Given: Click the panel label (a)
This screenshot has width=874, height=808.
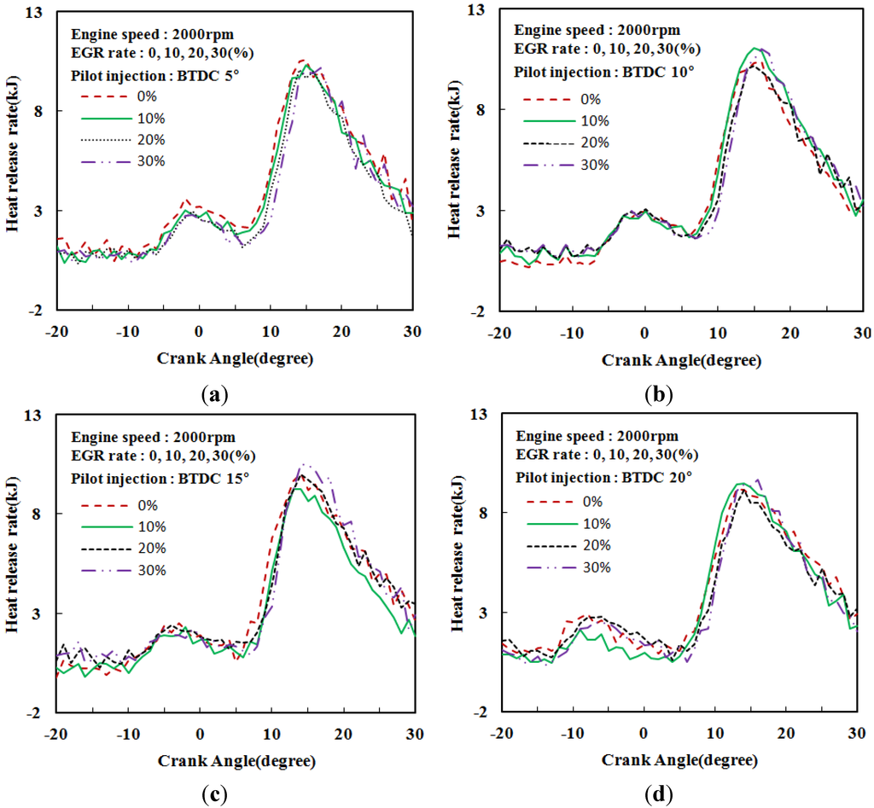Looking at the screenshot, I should [x=213, y=393].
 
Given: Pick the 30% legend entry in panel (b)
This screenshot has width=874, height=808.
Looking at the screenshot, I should [x=595, y=164].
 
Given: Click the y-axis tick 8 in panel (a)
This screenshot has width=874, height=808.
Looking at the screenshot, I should [x=38, y=111].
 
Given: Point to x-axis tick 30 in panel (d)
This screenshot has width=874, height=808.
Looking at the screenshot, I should [x=857, y=732].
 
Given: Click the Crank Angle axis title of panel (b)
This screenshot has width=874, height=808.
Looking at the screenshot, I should [x=680, y=359].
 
